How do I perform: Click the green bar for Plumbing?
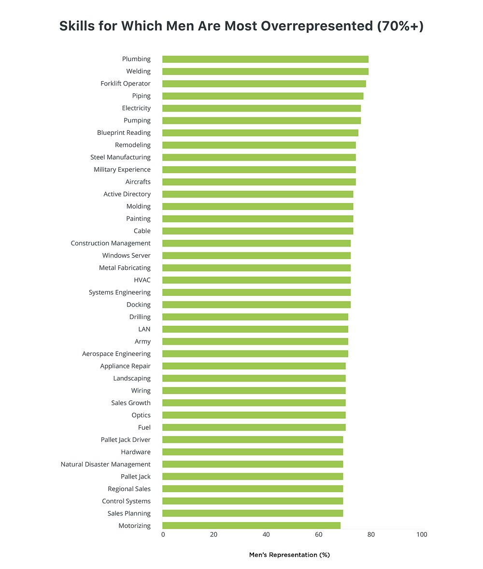[x=265, y=59]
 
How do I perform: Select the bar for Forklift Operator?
[x=264, y=84]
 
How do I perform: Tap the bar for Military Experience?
[x=259, y=170]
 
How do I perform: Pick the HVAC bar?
[x=256, y=280]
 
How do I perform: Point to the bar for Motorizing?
[x=251, y=525]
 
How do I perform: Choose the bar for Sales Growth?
[x=254, y=403]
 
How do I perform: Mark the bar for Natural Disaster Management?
[x=253, y=464]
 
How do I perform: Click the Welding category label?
[x=138, y=72]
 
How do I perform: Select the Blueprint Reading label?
[x=124, y=133]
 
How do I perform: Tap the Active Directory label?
[x=127, y=194]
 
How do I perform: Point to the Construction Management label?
[x=111, y=243]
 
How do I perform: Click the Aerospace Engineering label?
[x=116, y=354]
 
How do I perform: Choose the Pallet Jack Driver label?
[x=126, y=440]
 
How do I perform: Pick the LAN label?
[x=144, y=329]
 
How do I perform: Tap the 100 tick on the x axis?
[x=421, y=535]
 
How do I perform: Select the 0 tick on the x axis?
[x=163, y=535]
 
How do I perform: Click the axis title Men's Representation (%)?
[x=289, y=555]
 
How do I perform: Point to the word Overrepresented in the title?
[x=311, y=26]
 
